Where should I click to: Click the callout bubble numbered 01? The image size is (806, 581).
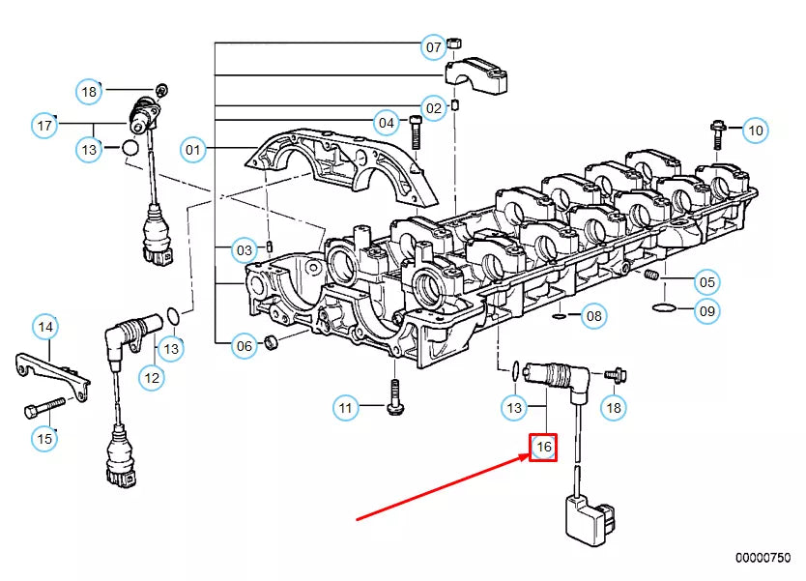coord(194,149)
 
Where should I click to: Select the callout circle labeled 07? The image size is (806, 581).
coord(433,46)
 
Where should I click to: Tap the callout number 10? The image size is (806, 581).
coord(756,130)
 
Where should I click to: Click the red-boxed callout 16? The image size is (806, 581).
coord(543,447)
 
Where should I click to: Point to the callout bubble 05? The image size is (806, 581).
coord(708,282)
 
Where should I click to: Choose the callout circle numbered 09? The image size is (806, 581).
coord(708,310)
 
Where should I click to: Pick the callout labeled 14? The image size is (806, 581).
coord(44,328)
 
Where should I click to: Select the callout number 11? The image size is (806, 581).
coord(347,408)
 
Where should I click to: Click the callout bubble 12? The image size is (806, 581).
coord(151,378)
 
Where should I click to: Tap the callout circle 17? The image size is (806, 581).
coord(44,126)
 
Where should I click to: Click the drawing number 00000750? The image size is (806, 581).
coord(763,557)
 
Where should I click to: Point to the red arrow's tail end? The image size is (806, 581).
coord(359,520)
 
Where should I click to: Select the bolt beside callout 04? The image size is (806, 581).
coord(416,130)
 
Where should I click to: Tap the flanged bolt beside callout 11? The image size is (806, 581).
coord(394,396)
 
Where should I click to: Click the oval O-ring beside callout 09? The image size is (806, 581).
coord(664,308)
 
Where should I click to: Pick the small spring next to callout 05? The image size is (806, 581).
coord(651,276)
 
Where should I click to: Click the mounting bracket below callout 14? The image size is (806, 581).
coord(54,373)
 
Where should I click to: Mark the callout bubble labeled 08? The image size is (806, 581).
coord(594,315)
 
